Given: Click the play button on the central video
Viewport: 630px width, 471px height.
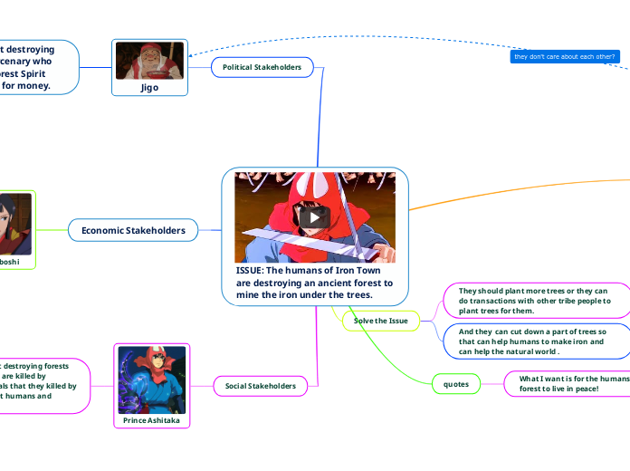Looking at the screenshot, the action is click(315, 216).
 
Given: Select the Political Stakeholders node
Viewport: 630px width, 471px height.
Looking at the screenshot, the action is click(262, 67).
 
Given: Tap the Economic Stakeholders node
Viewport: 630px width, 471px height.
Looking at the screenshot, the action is click(133, 231).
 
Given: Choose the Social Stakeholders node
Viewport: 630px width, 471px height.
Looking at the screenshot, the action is click(260, 386).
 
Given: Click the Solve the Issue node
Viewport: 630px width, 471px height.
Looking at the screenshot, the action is click(380, 321).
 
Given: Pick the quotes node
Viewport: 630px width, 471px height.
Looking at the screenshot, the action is click(455, 384).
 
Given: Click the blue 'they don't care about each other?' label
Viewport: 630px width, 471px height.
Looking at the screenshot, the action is click(565, 57).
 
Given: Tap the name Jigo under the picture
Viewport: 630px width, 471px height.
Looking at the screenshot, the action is click(149, 88).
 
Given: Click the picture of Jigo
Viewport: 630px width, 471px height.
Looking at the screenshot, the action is click(149, 61).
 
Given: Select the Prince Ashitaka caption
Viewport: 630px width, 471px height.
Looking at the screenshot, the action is click(151, 420).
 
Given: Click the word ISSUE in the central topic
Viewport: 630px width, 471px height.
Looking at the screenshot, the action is click(252, 270).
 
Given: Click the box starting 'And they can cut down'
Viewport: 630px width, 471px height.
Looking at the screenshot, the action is click(534, 341).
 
